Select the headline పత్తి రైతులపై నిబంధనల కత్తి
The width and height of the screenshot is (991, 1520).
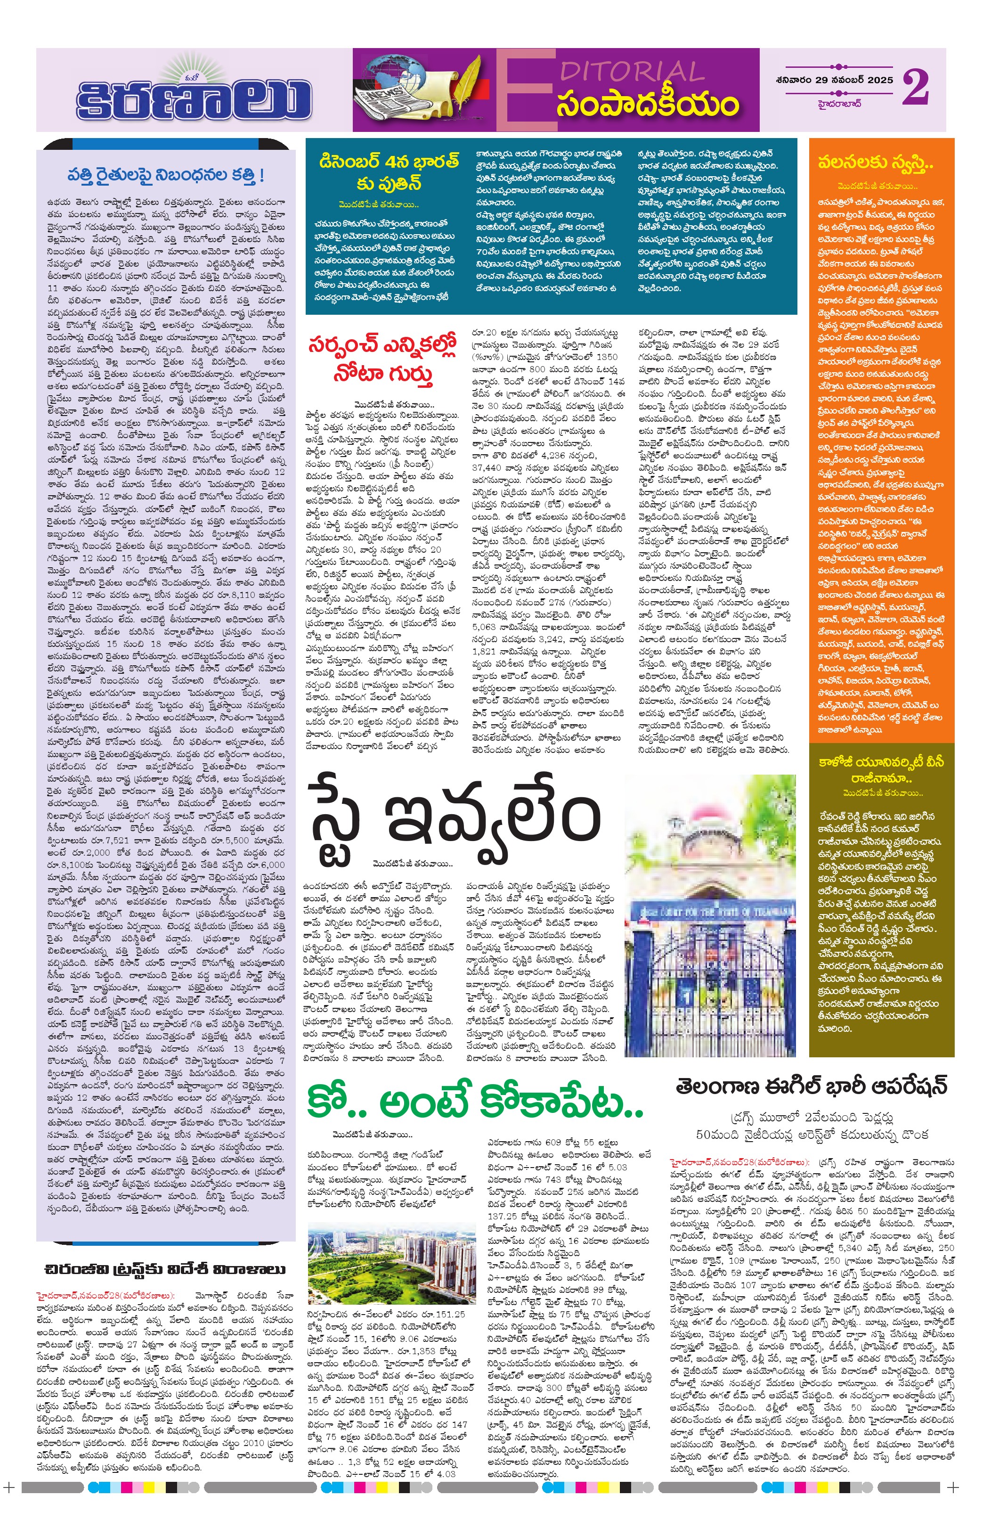coord(165,174)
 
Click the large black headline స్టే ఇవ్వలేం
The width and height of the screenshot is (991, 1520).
coord(454,817)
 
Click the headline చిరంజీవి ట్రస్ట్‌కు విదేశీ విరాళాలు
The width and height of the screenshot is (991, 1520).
coord(165,1268)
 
